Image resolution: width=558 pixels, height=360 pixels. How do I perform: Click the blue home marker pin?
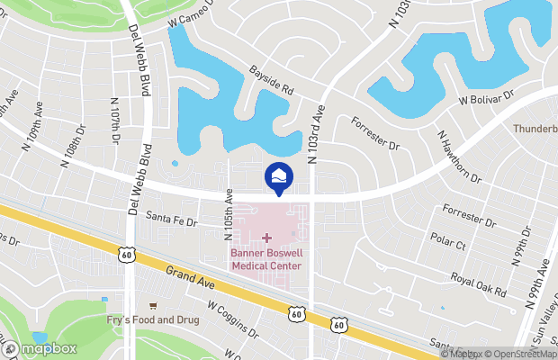[278, 176]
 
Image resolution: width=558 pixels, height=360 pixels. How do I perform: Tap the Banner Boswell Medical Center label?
[266, 259]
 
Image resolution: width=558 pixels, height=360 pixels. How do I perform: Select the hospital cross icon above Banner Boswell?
[266, 238]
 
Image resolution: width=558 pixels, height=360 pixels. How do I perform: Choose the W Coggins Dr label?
[232, 320]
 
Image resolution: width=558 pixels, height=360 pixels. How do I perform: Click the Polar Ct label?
[447, 243]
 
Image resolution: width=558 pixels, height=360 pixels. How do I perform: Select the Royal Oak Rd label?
[480, 286]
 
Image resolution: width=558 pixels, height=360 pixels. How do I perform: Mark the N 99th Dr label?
[520, 244]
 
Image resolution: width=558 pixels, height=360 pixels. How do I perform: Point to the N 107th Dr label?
[115, 121]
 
